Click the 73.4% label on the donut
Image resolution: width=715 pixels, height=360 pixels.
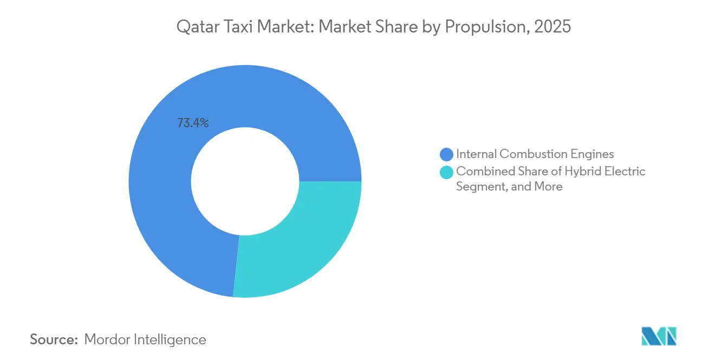click(193, 123)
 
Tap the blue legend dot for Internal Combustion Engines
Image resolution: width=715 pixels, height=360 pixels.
click(447, 154)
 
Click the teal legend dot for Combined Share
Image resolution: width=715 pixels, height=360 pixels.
click(447, 172)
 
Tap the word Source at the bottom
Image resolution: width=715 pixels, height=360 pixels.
click(54, 340)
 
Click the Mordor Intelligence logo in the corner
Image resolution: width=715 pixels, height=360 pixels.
click(659, 336)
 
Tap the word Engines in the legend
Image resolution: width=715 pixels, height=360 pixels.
click(593, 154)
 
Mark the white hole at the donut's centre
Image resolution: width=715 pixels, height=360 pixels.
click(245, 181)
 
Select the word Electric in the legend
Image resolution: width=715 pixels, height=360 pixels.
click(625, 172)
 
